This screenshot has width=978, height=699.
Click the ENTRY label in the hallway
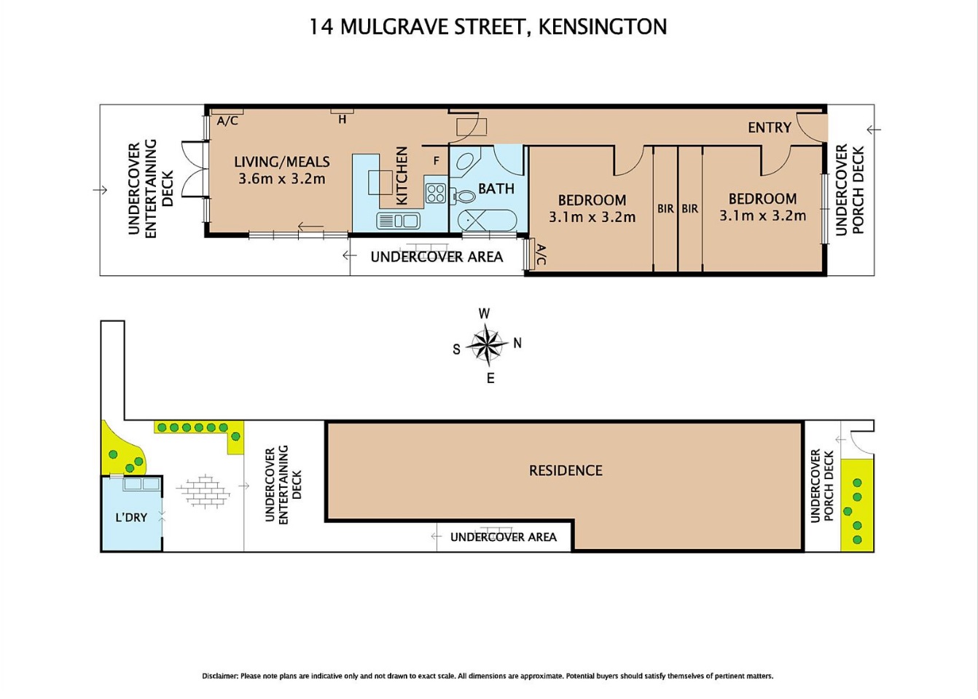[770, 127]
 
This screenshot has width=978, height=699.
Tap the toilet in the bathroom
[463, 197]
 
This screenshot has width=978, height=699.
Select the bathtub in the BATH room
[490, 221]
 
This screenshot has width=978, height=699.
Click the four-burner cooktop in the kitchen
[436, 193]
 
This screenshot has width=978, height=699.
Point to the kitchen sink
[398, 221]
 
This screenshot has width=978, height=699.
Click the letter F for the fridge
[436, 161]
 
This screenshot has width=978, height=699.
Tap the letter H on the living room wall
[343, 119]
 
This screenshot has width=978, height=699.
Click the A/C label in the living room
[227, 121]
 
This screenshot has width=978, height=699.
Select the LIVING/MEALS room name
[282, 162]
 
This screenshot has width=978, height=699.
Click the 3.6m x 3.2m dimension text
[282, 179]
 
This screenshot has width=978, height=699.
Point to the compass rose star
[487, 345]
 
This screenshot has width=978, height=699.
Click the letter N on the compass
[517, 344]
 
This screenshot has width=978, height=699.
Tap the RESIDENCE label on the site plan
[566, 470]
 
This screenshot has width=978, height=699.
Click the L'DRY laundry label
[131, 518]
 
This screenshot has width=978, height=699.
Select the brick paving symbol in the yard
[203, 491]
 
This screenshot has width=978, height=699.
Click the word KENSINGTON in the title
[603, 27]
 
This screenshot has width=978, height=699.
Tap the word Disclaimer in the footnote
[219, 676]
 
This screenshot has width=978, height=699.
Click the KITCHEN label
[402, 175]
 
